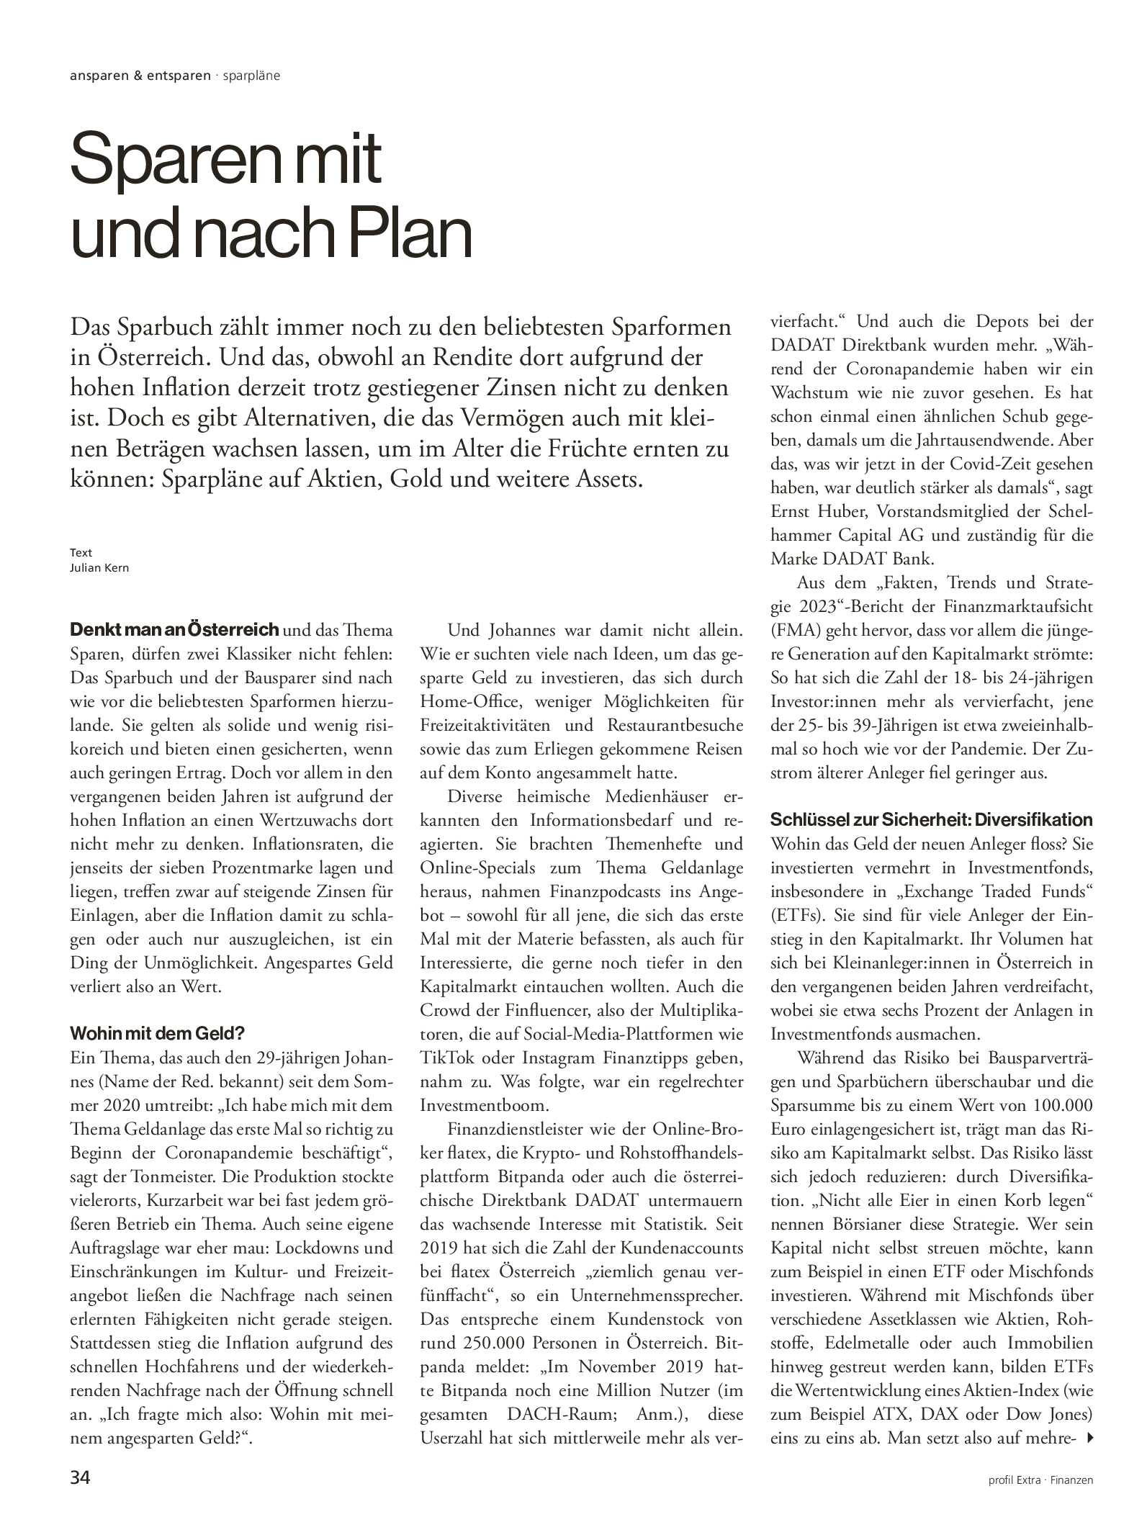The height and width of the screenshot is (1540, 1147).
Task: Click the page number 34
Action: [79, 1479]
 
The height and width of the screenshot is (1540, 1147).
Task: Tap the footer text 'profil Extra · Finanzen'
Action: [1040, 1481]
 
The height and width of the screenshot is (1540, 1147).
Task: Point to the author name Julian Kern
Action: [99, 567]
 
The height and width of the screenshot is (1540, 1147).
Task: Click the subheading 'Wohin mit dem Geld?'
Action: [157, 1035]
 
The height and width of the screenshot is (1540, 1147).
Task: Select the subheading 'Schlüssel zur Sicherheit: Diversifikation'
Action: [931, 820]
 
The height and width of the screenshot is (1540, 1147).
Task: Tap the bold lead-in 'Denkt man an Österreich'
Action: [174, 630]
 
